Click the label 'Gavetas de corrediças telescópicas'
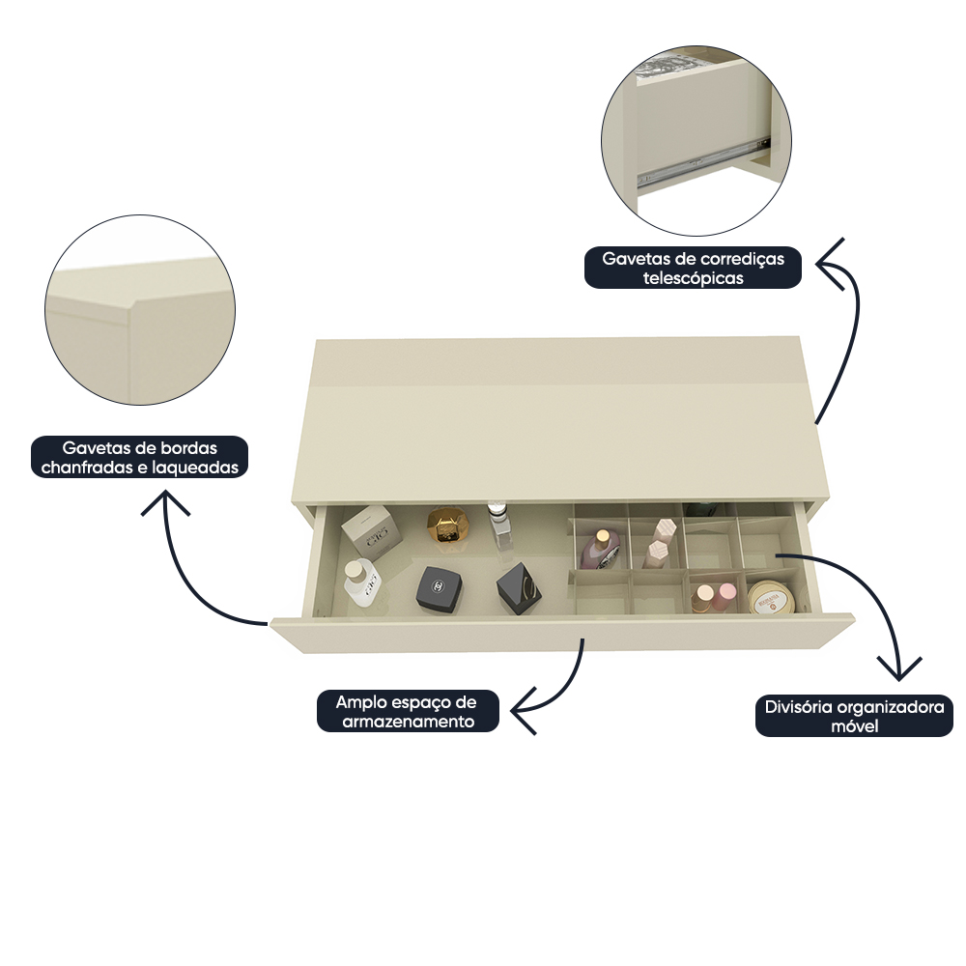click(693, 268)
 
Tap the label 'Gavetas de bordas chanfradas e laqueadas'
click(140, 458)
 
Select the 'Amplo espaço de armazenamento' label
click(408, 711)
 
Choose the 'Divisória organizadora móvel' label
click(854, 716)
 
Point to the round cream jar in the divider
click(770, 596)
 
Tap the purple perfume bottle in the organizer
click(601, 548)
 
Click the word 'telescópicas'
click(693, 278)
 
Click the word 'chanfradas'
click(81, 468)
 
